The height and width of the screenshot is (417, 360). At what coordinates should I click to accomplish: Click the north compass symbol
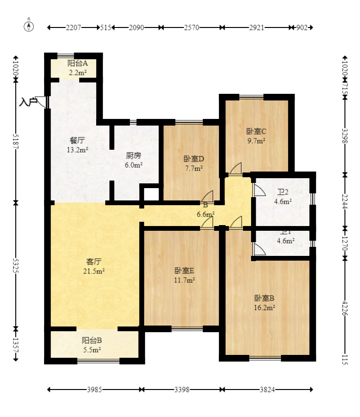(29, 26)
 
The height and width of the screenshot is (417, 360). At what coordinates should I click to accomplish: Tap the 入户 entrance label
(28, 101)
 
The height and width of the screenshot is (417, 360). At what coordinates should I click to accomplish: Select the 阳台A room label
(78, 63)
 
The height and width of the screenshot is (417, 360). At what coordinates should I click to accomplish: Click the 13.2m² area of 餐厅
(78, 150)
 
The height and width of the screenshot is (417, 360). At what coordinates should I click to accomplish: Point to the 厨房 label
(133, 155)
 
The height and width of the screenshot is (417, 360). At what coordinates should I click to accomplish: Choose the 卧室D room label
(193, 159)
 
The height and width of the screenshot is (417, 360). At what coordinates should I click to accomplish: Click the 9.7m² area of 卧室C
(256, 140)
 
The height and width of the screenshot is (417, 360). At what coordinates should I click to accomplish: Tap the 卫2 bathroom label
(283, 192)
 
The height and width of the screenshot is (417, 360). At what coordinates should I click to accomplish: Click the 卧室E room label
(185, 271)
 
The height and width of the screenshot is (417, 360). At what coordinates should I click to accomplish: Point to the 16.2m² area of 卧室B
(265, 307)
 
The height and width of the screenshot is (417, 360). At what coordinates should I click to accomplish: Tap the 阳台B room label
(92, 340)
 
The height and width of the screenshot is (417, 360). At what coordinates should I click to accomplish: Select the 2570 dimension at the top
(191, 28)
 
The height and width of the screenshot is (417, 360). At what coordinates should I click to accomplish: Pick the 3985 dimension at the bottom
(94, 390)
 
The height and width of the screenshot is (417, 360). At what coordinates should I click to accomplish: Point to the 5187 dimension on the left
(16, 141)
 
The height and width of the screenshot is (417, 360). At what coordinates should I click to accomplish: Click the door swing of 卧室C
(235, 169)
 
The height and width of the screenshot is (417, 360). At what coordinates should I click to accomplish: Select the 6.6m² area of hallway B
(206, 214)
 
